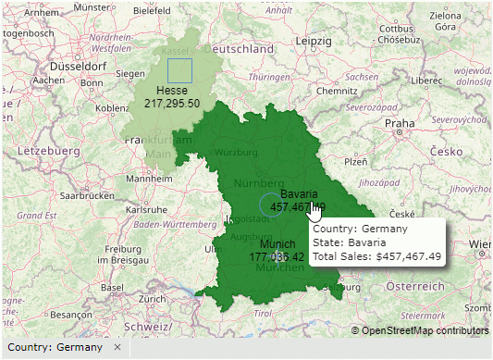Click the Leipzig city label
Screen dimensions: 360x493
point(314,42)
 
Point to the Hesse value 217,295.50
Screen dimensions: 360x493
point(172,103)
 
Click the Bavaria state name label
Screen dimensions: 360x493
point(299,194)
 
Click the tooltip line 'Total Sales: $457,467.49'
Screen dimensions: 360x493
point(376,255)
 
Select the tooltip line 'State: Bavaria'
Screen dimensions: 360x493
point(350,242)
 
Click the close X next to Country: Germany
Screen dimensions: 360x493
point(117,347)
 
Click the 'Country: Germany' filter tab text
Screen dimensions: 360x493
point(55,347)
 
